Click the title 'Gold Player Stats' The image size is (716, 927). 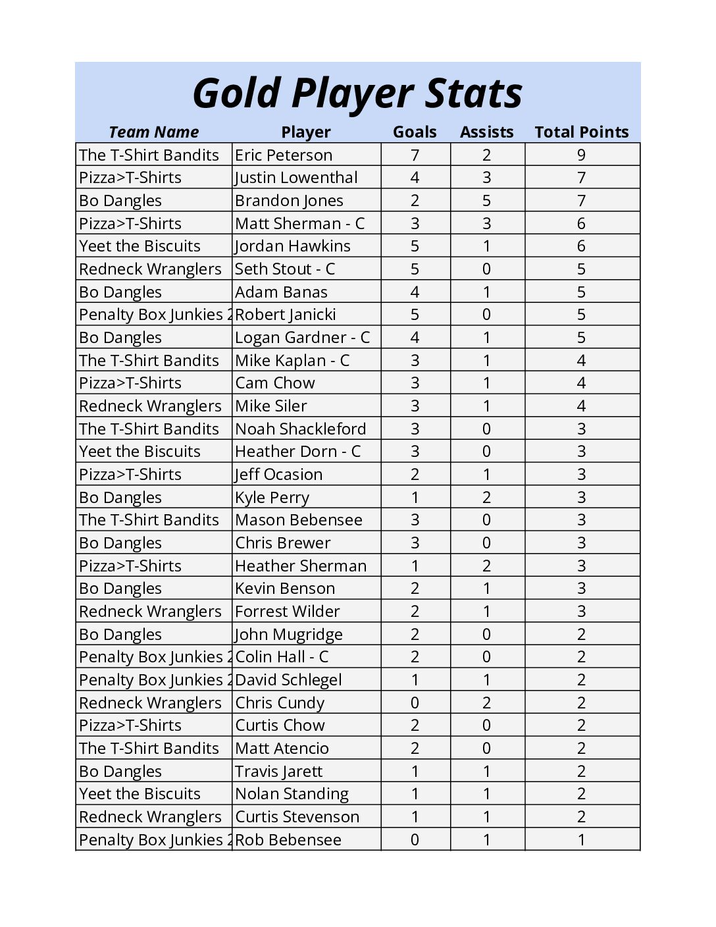coord(357,93)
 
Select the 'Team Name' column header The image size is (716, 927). coord(153,132)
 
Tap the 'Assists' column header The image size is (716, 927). coord(486,132)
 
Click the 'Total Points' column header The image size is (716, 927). coord(581,132)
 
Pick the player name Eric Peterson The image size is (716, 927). coord(284,155)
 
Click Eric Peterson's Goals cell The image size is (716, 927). coord(415,155)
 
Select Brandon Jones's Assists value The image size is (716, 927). coord(486,200)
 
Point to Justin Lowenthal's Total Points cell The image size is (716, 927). coord(581,178)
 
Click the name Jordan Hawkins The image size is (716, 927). coord(293,246)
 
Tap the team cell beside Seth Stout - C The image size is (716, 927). coord(150,269)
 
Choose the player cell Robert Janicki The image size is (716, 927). coord(286,315)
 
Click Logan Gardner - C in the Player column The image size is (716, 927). coord(302,337)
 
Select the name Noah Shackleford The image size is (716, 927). coord(300,429)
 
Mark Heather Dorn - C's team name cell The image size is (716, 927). coord(140,452)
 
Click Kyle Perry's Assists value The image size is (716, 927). coord(486,497)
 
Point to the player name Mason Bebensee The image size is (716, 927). coord(298,520)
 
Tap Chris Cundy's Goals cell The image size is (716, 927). coord(415,702)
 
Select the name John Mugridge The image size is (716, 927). coord(289,634)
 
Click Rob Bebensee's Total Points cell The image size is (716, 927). coord(581,839)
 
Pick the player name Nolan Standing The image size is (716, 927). coord(292,794)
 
